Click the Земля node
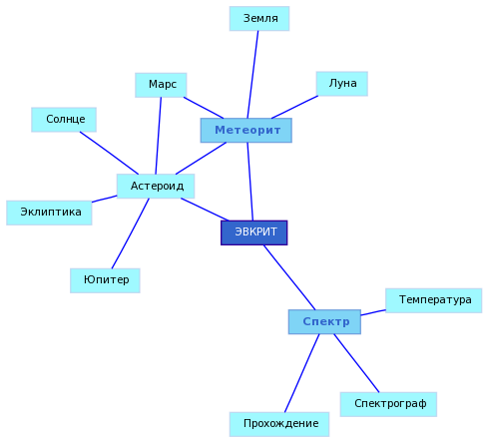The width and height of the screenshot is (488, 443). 259,19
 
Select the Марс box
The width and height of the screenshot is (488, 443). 161,85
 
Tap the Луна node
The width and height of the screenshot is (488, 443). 342,84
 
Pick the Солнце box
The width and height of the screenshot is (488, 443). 64,120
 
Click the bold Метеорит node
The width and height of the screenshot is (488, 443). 246,130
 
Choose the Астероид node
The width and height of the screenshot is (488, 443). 156,186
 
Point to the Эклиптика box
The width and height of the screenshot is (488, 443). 49,213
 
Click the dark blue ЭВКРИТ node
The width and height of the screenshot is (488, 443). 254,232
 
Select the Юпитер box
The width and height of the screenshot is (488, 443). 105,280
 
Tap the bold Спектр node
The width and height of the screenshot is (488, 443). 324,321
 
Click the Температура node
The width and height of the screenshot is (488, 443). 434,300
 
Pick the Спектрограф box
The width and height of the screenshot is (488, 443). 388,404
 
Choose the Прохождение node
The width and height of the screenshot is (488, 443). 279,424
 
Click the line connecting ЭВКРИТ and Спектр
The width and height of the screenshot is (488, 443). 289,277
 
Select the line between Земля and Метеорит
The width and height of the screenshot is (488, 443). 252,75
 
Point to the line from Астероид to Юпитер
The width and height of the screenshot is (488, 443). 131,233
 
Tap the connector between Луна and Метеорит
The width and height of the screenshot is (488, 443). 294,107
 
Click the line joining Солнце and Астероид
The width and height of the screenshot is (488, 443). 109,153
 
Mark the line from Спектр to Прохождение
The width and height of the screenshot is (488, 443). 302,373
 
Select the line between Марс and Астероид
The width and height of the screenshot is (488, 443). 159,136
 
